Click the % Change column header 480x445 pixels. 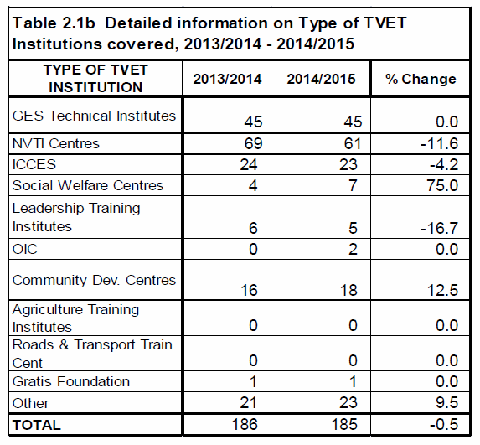pos(421,79)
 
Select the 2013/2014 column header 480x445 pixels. pos(227,79)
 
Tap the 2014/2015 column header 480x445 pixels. pos(321,79)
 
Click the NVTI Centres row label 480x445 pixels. pos(56,143)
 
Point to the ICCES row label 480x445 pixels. pos(34,164)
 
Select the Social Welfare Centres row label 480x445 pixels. pos(88,185)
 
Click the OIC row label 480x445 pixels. pos(25,249)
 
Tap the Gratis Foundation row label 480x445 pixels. pos(71,381)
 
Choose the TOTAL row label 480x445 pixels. pos(36,425)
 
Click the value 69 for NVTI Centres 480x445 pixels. pos(253,143)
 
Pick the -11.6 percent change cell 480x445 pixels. pos(439,143)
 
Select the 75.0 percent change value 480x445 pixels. pos(442,185)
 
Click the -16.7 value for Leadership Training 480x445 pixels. pos(439,228)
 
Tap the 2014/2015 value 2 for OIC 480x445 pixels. pos(353,249)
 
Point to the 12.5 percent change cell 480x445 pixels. pos(442,290)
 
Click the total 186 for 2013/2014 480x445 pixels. pos(245,425)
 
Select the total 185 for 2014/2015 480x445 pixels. pos(344,425)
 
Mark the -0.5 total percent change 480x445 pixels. pos(444,425)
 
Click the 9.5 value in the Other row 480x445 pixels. pos(447,402)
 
